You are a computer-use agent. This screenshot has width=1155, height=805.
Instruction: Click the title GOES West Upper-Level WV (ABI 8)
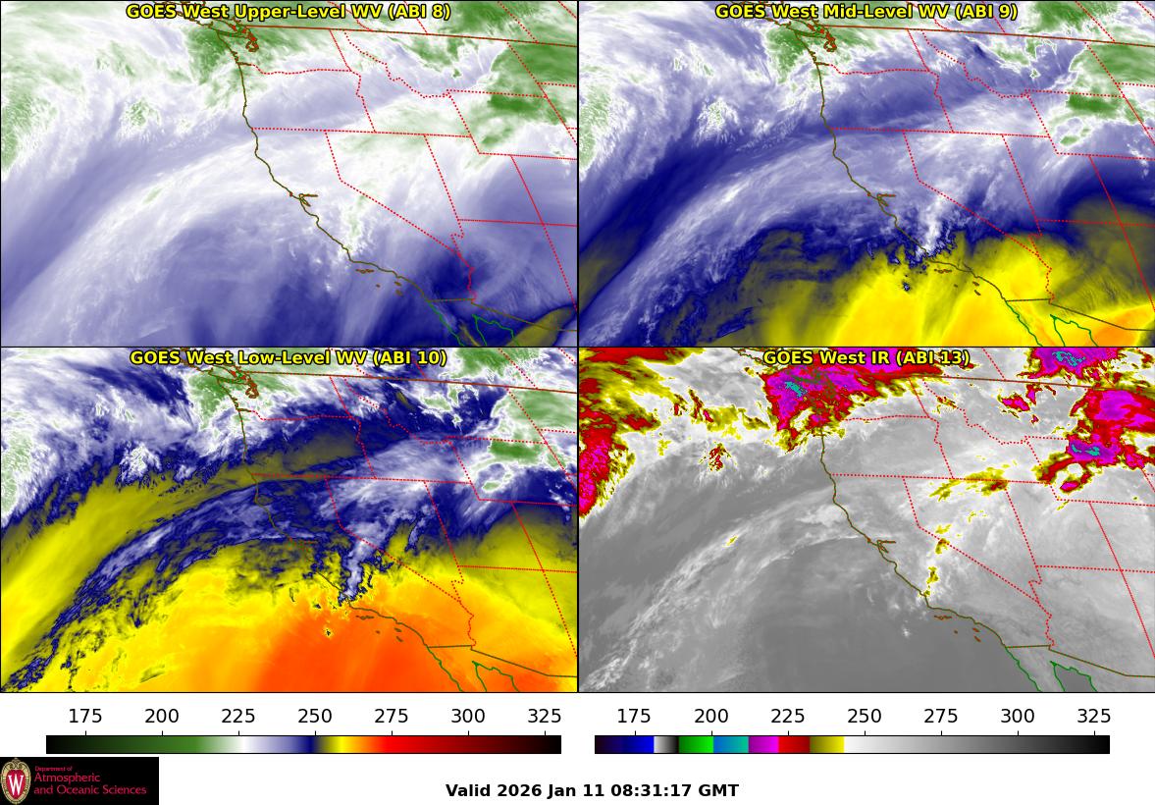pos(288,12)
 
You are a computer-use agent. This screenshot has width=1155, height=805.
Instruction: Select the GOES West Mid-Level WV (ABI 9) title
pos(866,12)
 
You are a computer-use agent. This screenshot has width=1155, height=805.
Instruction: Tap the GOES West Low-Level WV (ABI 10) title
pos(288,358)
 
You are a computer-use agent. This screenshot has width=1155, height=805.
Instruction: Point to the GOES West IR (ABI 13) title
pos(866,358)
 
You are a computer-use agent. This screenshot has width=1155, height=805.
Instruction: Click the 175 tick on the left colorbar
pos(86,716)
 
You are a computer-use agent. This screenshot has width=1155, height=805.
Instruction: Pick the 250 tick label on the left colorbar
pos(315,716)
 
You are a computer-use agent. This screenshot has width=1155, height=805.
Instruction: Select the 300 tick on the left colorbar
pos(468,716)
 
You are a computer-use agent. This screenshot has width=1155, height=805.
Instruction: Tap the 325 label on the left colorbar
pos(545,716)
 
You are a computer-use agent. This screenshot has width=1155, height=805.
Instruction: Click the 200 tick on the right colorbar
pos(711,716)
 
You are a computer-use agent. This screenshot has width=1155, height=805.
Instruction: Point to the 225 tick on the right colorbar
pos(788,716)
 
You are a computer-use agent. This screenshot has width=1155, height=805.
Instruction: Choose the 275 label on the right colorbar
pos(941,716)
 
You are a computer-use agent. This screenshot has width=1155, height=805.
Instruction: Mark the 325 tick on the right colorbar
pos(1094,716)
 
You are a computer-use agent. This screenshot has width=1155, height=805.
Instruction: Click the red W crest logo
pos(16,780)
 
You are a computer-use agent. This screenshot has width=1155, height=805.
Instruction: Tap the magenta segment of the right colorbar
pos(762,744)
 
